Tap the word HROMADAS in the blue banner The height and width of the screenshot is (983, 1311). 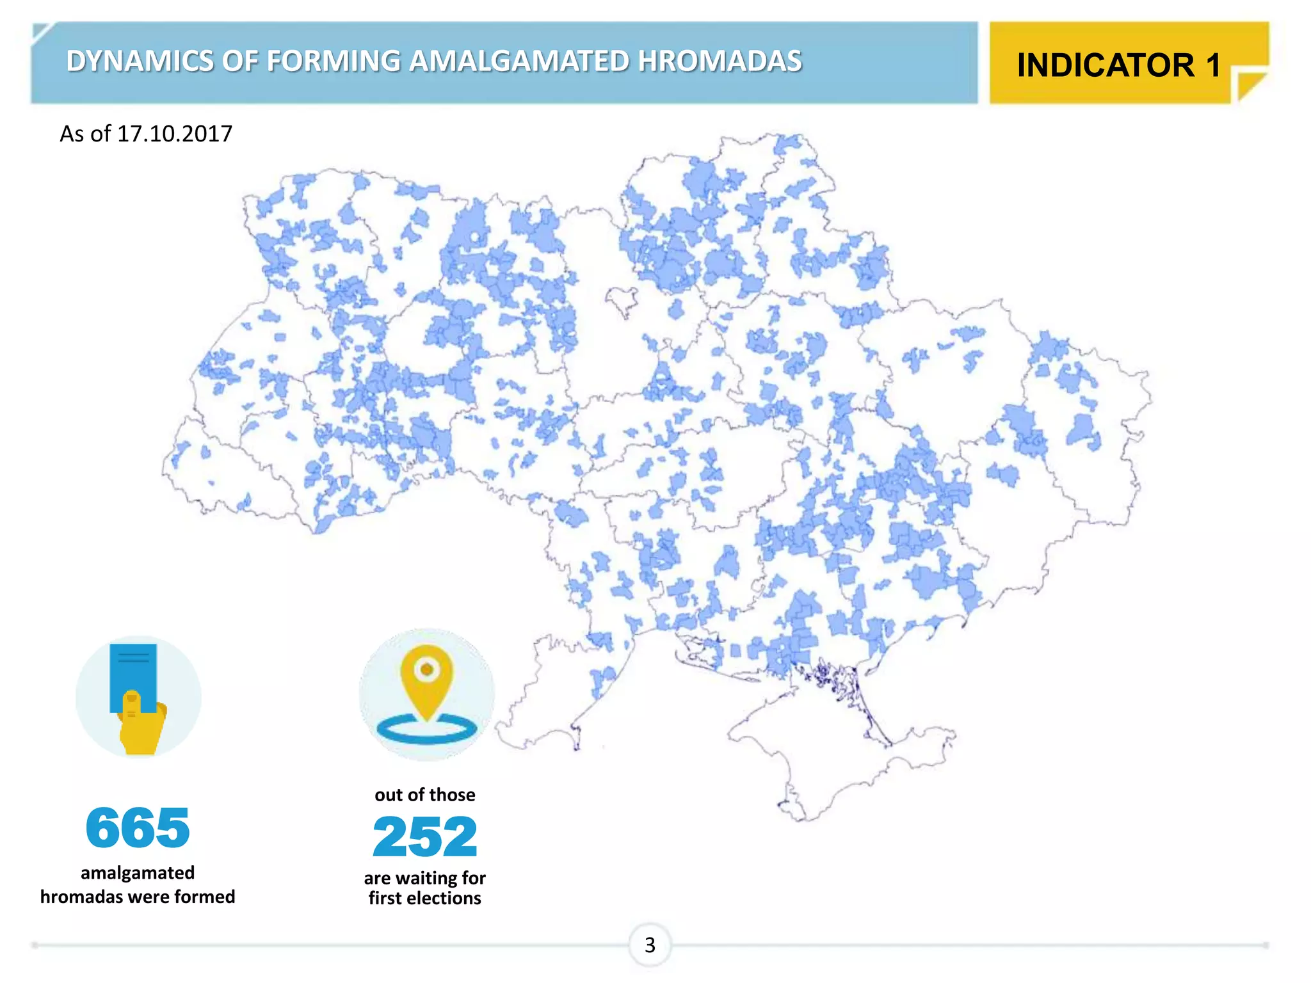coord(720,61)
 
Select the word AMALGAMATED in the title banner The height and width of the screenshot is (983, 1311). coord(519,61)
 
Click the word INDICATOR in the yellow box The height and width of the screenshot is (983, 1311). coord(1106,65)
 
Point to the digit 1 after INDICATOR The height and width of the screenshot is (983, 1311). coord(1214,65)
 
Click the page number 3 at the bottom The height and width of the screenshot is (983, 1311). coord(650,945)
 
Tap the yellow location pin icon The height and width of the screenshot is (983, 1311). coord(426,678)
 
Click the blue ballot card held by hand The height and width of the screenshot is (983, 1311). coord(133,672)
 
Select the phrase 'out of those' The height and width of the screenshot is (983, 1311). coord(425,795)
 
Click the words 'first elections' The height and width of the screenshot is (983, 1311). coord(425,898)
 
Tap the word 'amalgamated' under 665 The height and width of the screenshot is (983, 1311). coord(138,873)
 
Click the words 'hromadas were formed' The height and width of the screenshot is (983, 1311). coord(138,897)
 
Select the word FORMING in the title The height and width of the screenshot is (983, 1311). coord(333,61)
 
